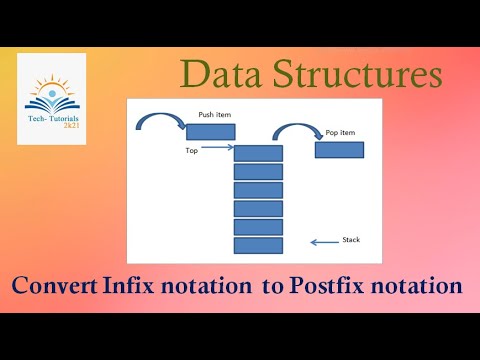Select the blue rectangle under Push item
[211, 132]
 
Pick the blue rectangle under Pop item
[339, 150]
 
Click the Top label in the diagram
[192, 151]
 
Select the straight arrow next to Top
[216, 151]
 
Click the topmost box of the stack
[258, 153]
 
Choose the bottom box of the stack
[258, 245]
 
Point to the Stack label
[351, 240]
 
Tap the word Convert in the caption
[54, 287]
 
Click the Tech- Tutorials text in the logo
[51, 119]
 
